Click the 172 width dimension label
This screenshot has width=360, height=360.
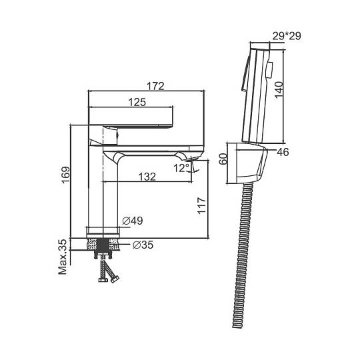point(155,86)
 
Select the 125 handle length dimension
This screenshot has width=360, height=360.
point(137,102)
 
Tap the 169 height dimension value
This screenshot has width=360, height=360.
point(65,175)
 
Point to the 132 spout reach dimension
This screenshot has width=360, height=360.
point(147,177)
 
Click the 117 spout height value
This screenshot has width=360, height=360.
point(202,205)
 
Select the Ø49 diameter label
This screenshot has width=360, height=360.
point(133,221)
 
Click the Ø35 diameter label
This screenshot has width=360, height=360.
point(143,245)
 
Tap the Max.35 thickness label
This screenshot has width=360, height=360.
point(63,257)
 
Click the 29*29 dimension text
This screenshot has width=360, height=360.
point(287,36)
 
